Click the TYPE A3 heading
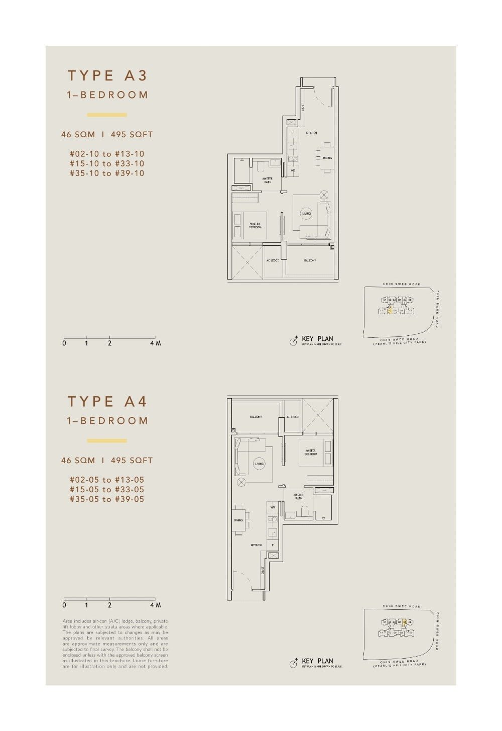pos(107,75)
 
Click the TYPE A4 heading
pos(107,401)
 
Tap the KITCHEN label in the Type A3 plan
pos(311,133)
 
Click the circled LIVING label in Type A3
pos(306,213)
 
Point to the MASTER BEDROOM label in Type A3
pos(255,226)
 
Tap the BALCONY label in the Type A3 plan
pos(310,260)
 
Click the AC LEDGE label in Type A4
pos(293,417)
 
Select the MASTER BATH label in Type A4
pos(299,497)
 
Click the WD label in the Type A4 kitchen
pos(273,507)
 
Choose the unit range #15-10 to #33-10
pos(107,163)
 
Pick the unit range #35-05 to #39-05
pos(107,499)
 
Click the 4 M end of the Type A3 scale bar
pos(155,343)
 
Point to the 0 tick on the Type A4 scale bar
pos(64,605)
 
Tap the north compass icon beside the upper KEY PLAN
pos(294,342)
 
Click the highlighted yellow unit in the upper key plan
pos(390,311)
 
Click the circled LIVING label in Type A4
pos(259,464)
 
